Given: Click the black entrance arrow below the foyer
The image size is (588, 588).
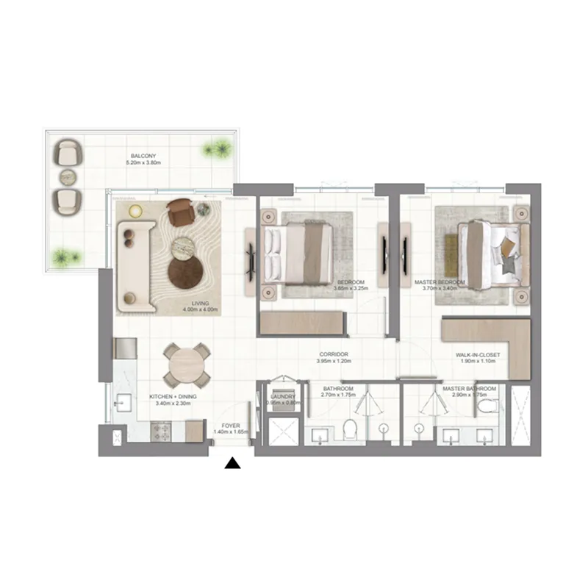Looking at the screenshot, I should (x=233, y=463).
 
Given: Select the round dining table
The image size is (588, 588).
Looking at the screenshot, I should (x=185, y=365).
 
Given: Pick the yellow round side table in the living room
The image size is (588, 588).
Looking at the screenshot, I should (x=135, y=212).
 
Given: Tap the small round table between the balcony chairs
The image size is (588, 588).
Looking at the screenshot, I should (x=67, y=177).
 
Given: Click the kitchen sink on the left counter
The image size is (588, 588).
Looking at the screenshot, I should (x=122, y=404).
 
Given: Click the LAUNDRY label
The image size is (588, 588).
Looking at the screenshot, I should (x=282, y=396).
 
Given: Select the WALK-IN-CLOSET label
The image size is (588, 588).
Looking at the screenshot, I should (x=477, y=355).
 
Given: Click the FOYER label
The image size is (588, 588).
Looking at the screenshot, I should (x=232, y=424).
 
